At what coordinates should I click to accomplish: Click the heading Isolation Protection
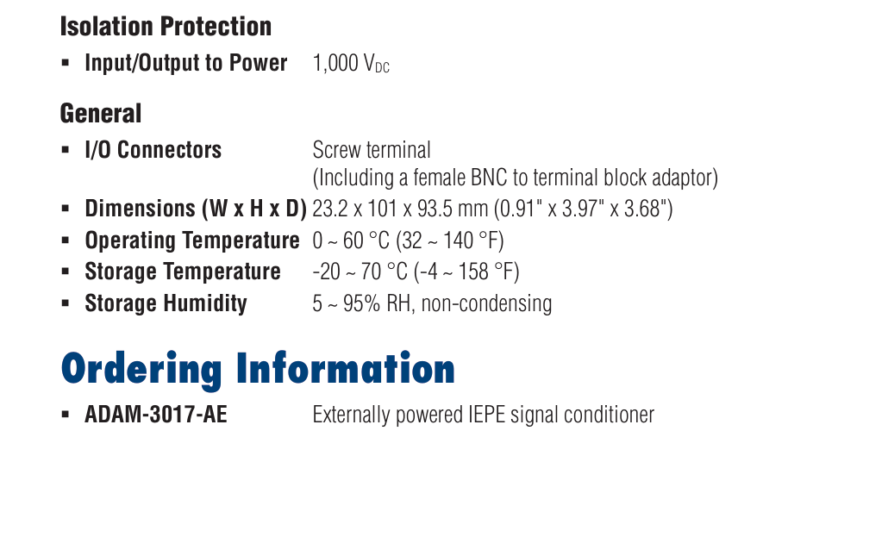point(166,27)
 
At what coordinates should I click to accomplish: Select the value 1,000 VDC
point(351,64)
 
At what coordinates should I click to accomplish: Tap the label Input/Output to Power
point(185,63)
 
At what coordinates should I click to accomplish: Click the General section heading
point(101,113)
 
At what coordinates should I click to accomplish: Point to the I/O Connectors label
point(153,150)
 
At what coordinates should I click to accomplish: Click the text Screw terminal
point(372,150)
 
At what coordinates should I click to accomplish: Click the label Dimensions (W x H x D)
point(196,209)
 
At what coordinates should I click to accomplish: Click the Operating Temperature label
point(192,240)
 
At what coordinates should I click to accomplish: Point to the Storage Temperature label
point(183,272)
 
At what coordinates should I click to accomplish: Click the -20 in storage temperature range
point(326,272)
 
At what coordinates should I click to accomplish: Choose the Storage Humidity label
point(166,303)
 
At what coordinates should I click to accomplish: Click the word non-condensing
point(486,303)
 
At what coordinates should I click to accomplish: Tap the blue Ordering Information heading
point(258,369)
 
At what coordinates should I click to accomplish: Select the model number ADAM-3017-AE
point(156,415)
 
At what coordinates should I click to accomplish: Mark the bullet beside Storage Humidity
point(66,303)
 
